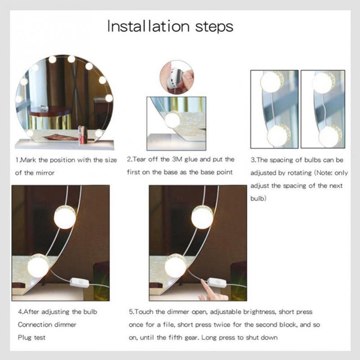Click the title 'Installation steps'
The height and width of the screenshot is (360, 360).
170,26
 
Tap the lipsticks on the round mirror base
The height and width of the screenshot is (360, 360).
82,135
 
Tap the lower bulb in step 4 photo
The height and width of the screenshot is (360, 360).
38,265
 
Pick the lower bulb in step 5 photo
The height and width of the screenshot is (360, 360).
175,266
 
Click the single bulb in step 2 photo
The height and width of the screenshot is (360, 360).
171,120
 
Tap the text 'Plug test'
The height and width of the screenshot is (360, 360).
31,337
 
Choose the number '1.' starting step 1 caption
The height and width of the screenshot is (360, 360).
18,160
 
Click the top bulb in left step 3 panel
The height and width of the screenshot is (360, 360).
271,82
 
